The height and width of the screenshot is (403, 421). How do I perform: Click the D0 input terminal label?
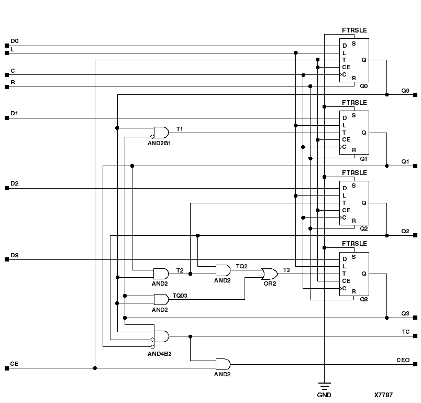(x=14, y=40)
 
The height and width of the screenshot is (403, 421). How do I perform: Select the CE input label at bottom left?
(x=14, y=363)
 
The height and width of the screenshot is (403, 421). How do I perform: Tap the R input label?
(x=13, y=82)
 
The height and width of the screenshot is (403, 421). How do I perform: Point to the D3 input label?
(x=14, y=255)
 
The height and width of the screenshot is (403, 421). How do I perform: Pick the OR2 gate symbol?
(x=270, y=274)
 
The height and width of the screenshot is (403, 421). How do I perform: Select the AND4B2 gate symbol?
(x=161, y=336)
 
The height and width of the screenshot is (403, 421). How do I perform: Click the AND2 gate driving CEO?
(x=223, y=364)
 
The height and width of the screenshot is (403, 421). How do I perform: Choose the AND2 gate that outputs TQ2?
(x=223, y=270)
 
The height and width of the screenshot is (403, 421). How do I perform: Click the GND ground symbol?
(x=324, y=387)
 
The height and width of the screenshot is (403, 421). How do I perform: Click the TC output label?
(x=405, y=332)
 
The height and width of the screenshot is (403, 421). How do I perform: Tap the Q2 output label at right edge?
(x=405, y=231)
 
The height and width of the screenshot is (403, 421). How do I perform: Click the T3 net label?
(x=286, y=269)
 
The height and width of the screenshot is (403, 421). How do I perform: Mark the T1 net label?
(x=180, y=128)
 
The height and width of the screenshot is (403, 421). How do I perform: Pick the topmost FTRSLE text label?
(x=354, y=30)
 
